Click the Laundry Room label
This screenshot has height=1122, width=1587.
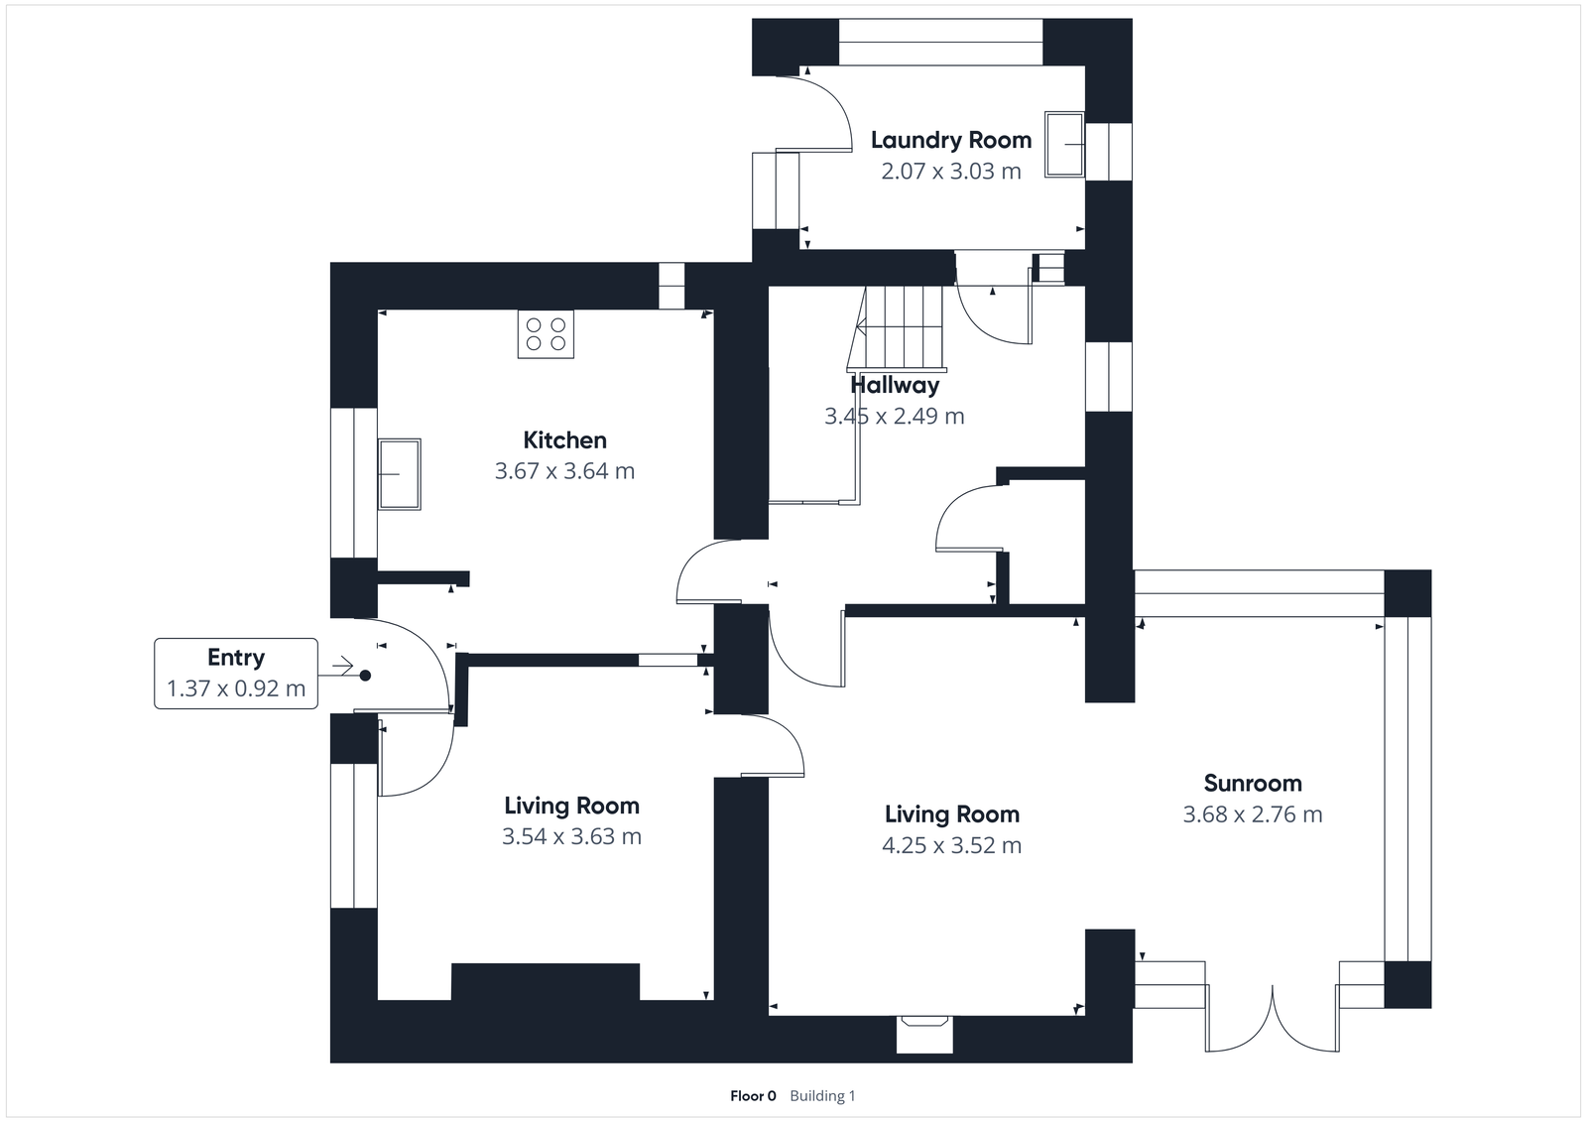tap(950, 140)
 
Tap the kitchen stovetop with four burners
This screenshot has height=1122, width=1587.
tap(546, 334)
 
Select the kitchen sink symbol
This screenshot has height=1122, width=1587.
tap(399, 474)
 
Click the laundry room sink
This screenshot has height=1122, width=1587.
tap(1064, 145)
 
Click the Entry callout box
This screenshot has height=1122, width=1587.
tap(236, 674)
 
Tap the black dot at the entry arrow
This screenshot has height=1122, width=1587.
tap(365, 676)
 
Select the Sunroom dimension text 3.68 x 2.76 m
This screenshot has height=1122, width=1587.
tap(1252, 814)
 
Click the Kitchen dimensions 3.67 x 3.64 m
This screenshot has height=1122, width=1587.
tap(564, 471)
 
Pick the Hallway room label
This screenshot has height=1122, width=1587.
tap(895, 385)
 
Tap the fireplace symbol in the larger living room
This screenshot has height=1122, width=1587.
tap(924, 1032)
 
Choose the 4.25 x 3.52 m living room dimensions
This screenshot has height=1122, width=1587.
tap(951, 845)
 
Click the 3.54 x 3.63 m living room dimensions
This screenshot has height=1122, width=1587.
tap(571, 836)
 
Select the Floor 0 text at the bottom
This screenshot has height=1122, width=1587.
tap(753, 1096)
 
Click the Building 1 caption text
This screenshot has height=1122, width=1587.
tap(822, 1096)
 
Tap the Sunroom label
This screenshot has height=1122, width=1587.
tap(1252, 783)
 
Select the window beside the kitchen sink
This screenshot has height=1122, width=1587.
tap(353, 482)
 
